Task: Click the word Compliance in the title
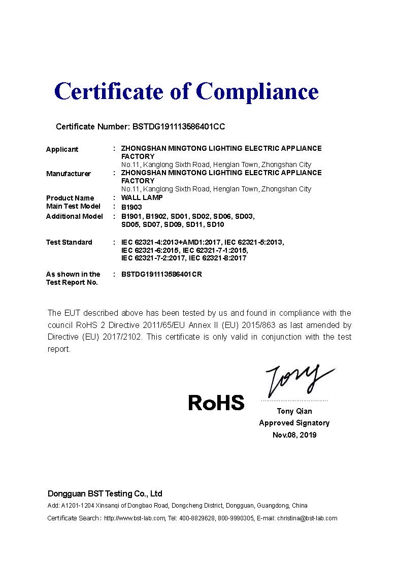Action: click(x=257, y=91)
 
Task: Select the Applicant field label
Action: click(x=62, y=149)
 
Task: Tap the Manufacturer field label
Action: click(x=68, y=174)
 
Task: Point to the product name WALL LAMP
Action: click(x=142, y=197)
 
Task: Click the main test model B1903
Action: click(x=131, y=207)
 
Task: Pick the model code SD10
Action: click(x=215, y=224)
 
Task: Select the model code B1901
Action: click(x=131, y=216)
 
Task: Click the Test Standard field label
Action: click(x=69, y=242)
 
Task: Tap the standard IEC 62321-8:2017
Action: click(x=217, y=258)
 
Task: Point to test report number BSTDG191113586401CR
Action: click(x=165, y=274)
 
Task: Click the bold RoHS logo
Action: click(x=216, y=403)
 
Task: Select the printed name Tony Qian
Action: click(x=294, y=411)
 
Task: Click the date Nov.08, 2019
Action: click(x=294, y=435)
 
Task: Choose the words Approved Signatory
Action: click(x=294, y=423)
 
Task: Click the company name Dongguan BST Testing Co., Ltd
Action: click(x=105, y=493)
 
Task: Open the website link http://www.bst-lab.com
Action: click(x=135, y=518)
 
